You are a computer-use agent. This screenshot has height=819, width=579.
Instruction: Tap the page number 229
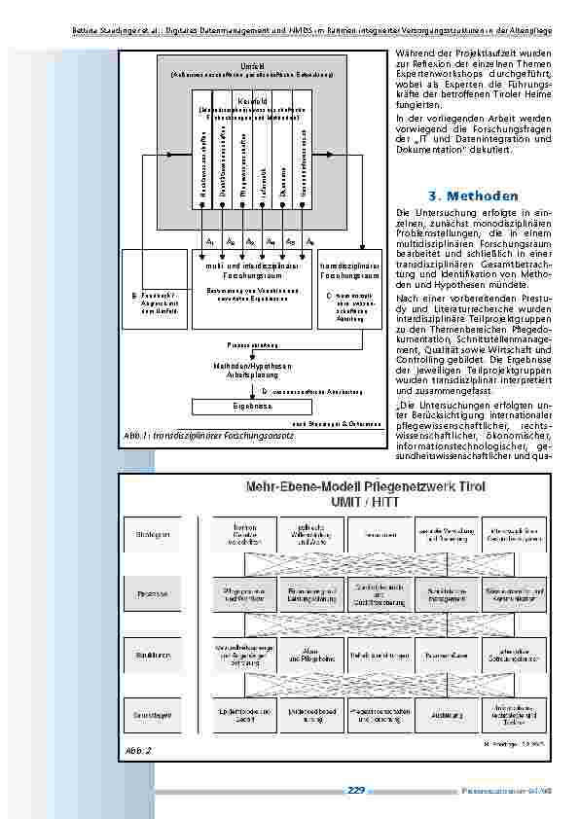click(355, 790)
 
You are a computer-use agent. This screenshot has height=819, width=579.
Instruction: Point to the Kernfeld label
click(252, 100)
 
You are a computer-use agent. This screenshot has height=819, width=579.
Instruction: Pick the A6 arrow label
click(309, 240)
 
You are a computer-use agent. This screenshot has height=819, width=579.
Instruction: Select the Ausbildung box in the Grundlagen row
click(443, 714)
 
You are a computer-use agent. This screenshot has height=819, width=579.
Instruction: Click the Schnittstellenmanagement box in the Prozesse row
click(443, 591)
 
